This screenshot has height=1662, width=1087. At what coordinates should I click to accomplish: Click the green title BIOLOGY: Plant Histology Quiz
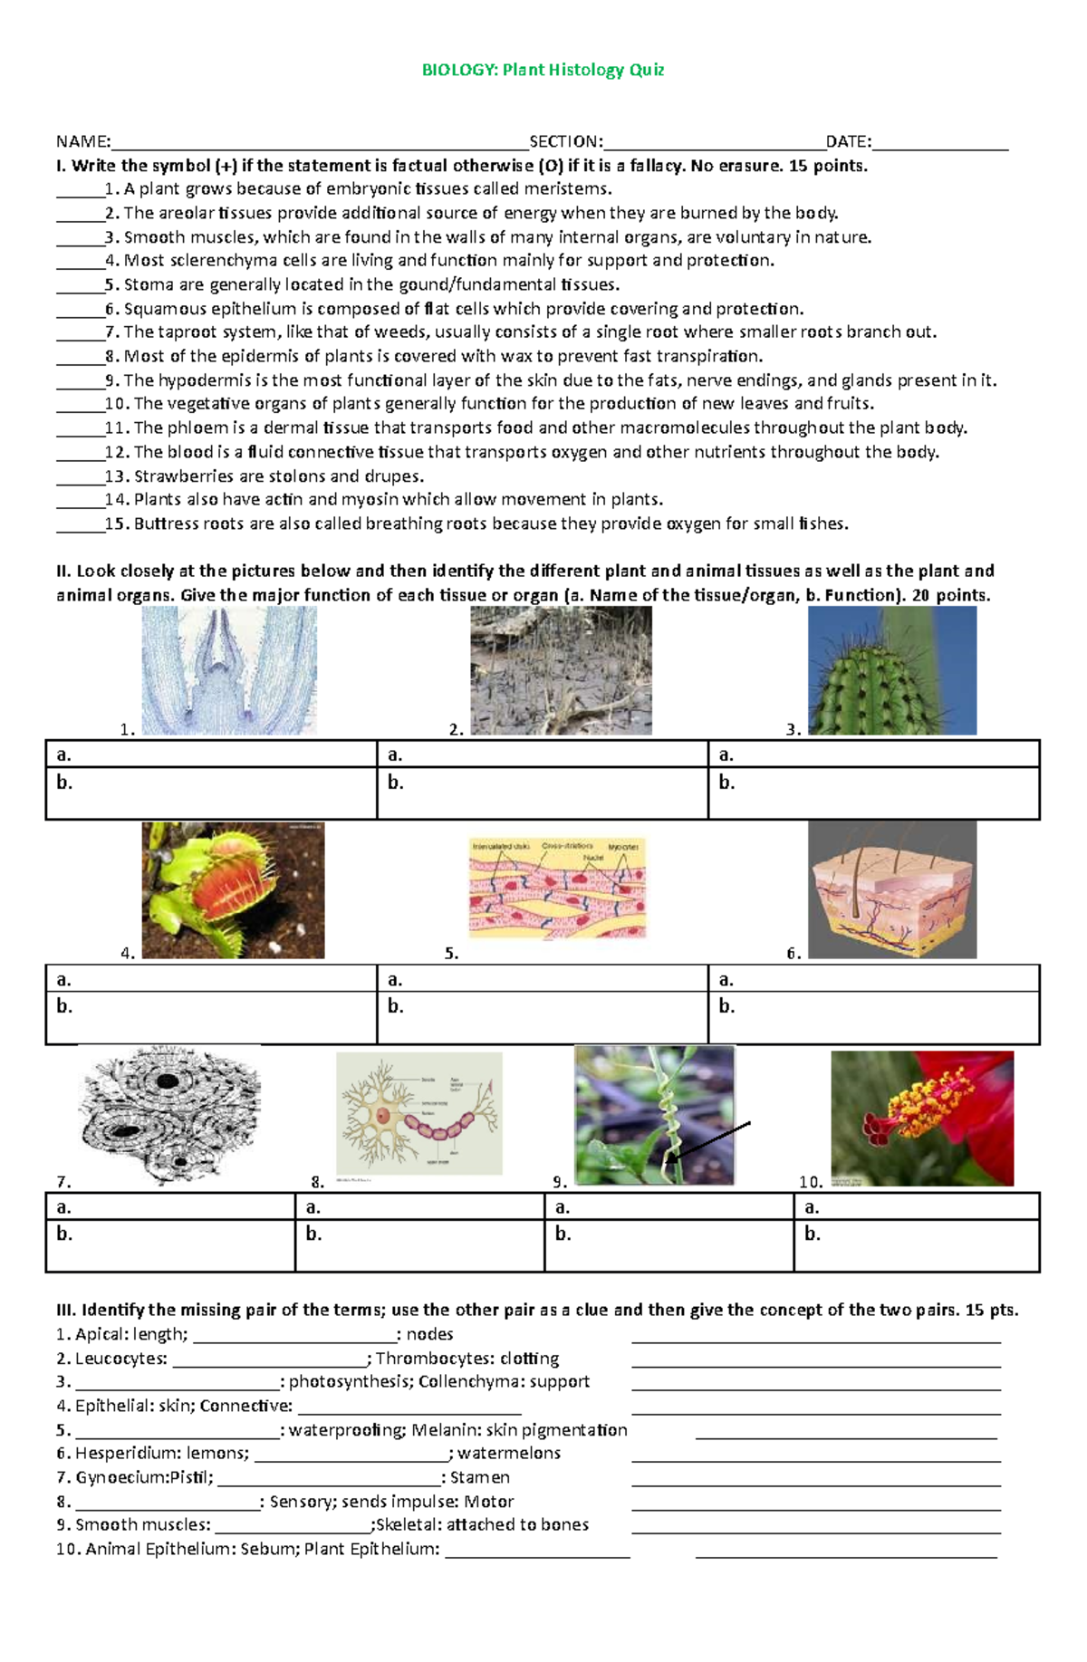[x=543, y=70]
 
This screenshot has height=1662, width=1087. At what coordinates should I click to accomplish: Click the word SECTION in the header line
[x=564, y=141]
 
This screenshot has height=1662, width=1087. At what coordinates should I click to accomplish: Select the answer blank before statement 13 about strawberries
[x=80, y=477]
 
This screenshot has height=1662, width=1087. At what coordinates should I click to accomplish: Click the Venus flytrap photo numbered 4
[x=233, y=890]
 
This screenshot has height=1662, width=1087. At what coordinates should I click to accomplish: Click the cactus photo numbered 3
[x=891, y=670]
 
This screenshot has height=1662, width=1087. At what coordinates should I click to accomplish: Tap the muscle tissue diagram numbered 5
[x=558, y=889]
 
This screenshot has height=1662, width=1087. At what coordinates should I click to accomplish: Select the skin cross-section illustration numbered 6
[x=892, y=889]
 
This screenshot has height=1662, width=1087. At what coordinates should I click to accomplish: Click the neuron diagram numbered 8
[x=418, y=1114]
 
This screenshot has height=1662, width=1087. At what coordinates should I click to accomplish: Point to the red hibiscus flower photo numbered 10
[x=921, y=1119]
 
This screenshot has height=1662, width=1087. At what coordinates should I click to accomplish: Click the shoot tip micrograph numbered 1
[x=229, y=670]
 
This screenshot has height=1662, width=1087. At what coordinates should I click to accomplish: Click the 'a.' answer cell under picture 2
[x=542, y=754]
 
